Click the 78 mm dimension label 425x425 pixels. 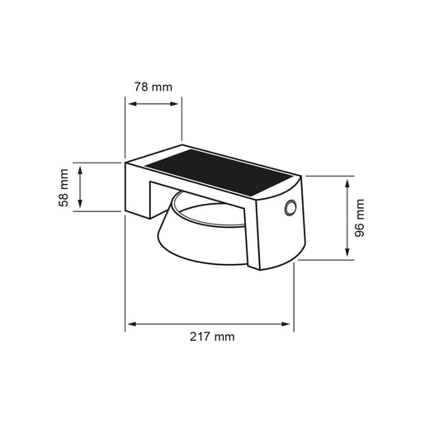(x=153, y=87)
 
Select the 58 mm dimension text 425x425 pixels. (x=64, y=187)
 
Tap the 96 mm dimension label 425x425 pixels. (x=360, y=218)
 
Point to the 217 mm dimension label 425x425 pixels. (x=212, y=337)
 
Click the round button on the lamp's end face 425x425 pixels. (x=290, y=208)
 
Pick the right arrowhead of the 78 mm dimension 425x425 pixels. (x=174, y=104)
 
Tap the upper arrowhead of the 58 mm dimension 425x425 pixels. (x=80, y=170)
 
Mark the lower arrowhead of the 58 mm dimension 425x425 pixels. (x=80, y=203)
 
